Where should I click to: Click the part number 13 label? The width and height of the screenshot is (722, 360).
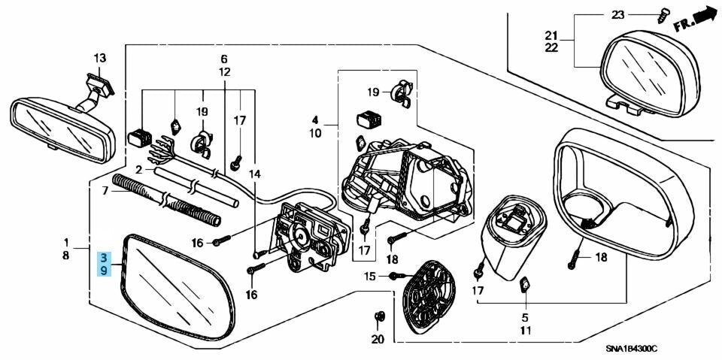pyautogui.click(x=100, y=59)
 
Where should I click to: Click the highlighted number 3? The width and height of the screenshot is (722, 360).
pyautogui.click(x=104, y=257)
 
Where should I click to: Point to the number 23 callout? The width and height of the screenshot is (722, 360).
pyautogui.click(x=617, y=15)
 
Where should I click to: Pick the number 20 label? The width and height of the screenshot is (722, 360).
pyautogui.click(x=378, y=340)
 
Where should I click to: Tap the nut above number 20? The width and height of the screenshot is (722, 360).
pyautogui.click(x=380, y=316)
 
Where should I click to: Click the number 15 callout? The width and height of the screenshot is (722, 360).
pyautogui.click(x=370, y=277)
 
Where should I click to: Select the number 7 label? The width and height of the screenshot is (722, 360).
pyautogui.click(x=105, y=189)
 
